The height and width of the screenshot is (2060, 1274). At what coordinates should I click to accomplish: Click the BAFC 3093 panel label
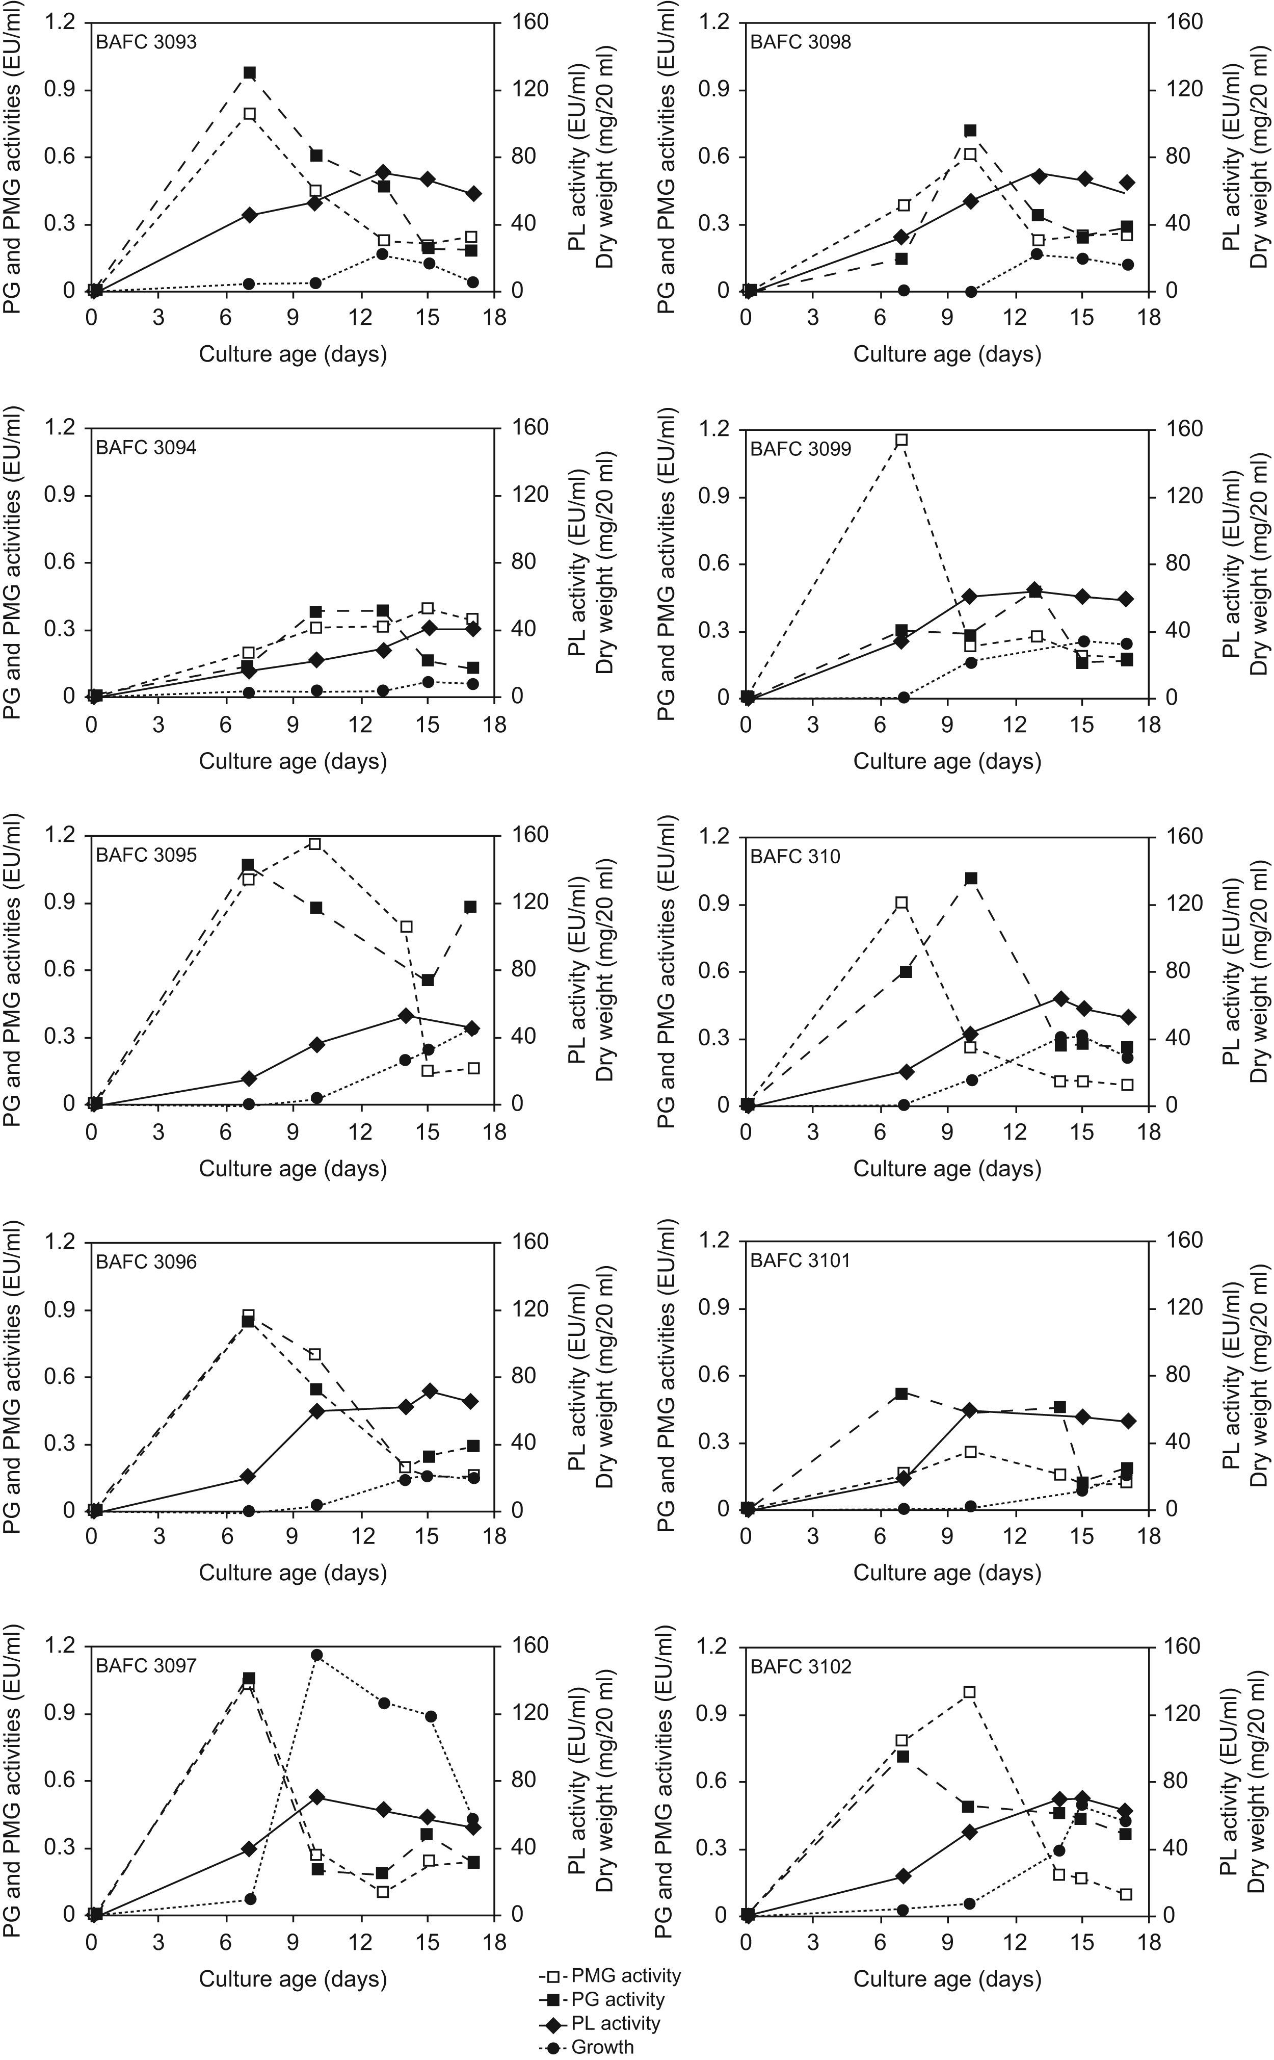(146, 41)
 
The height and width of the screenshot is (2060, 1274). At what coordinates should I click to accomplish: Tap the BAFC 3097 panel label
(146, 1665)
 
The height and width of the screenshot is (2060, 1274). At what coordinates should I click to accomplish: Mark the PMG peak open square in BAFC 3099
(901, 440)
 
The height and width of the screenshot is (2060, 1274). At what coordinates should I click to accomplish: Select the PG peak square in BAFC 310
(971, 878)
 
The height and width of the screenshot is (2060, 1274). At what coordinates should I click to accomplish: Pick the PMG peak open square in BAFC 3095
(315, 844)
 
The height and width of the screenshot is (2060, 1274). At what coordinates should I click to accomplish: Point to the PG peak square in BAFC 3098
(971, 131)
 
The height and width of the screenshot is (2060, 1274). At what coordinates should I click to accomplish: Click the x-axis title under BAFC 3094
(293, 761)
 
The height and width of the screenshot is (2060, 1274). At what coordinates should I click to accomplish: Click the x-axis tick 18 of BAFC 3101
(1149, 1512)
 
